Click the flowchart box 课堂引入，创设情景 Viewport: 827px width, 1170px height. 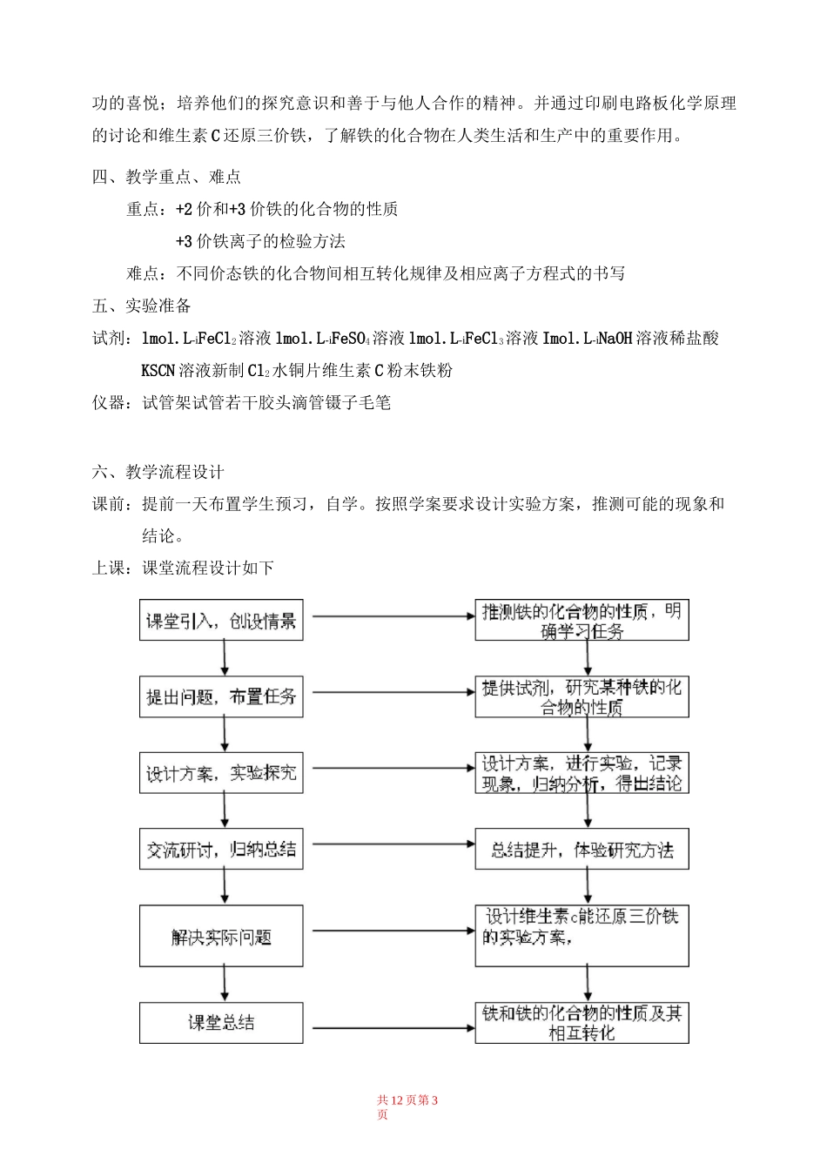(221, 621)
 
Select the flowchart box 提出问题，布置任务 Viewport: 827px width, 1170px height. (221, 696)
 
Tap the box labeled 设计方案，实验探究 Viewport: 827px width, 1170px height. (221, 772)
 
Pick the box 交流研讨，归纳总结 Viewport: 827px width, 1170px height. (221, 850)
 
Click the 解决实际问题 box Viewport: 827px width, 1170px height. (221, 937)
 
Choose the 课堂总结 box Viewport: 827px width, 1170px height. (221, 1023)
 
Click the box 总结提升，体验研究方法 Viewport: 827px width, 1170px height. (582, 850)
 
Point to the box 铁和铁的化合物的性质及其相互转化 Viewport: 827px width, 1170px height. (582, 1023)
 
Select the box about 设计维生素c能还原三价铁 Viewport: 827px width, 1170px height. (582, 936)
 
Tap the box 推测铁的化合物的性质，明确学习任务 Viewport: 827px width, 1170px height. (582, 621)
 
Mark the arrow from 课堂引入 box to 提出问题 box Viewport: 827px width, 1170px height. (225, 658)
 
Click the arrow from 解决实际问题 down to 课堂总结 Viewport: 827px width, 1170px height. (225, 985)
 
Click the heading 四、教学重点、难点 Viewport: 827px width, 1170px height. (167, 177)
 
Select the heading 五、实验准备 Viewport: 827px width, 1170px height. (142, 306)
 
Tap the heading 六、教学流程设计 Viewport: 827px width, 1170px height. (158, 472)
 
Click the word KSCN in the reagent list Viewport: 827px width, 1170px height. (158, 371)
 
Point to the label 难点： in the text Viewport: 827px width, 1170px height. (151, 273)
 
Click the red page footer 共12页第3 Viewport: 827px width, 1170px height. (407, 1100)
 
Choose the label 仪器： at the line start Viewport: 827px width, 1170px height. (117, 403)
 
